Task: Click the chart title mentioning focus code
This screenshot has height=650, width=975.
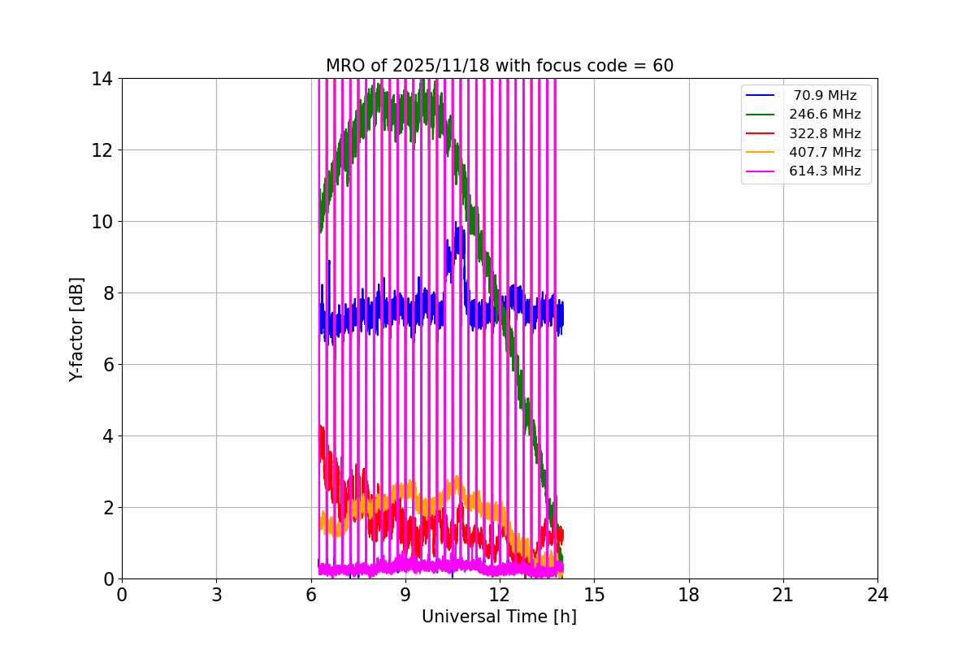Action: coord(499,66)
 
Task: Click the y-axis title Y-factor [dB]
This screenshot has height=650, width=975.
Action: coord(76,329)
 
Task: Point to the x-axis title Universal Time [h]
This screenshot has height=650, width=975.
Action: coord(499,617)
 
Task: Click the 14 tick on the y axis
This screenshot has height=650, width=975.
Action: coord(102,79)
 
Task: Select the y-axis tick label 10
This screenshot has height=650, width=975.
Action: coord(102,222)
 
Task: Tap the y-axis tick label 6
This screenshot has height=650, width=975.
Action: coord(107,365)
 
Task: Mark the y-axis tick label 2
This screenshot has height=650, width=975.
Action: coord(107,508)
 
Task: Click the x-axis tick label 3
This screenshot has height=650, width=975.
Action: coord(216,595)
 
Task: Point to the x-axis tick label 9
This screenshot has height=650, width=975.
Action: coord(405,595)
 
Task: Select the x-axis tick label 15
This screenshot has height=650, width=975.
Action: coord(594,595)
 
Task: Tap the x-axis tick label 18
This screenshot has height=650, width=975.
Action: coord(689,595)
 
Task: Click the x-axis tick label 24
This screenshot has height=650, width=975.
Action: coord(877,595)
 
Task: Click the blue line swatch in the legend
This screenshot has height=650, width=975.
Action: coord(760,96)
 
